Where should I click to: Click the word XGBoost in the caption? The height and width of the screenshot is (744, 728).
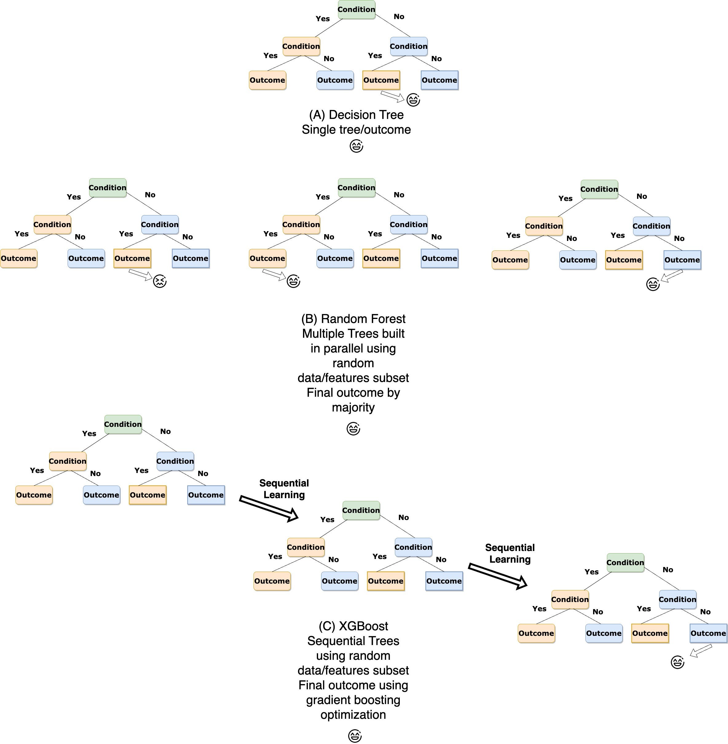click(x=364, y=626)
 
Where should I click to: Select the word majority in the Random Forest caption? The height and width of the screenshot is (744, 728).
click(x=353, y=407)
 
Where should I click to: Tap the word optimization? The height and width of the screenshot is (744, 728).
click(x=353, y=715)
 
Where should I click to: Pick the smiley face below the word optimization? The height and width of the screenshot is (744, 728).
click(x=355, y=736)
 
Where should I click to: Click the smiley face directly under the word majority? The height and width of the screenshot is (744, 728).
click(x=353, y=429)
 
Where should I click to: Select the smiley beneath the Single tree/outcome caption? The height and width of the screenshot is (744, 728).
click(x=356, y=146)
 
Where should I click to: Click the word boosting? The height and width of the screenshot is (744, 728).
click(x=378, y=700)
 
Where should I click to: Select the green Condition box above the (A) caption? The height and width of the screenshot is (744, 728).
click(x=356, y=10)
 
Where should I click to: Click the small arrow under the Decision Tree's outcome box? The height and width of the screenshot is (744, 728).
click(x=393, y=97)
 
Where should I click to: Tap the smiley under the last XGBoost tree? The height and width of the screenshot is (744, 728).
click(x=678, y=662)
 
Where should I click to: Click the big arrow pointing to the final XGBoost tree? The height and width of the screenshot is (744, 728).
click(x=498, y=576)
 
